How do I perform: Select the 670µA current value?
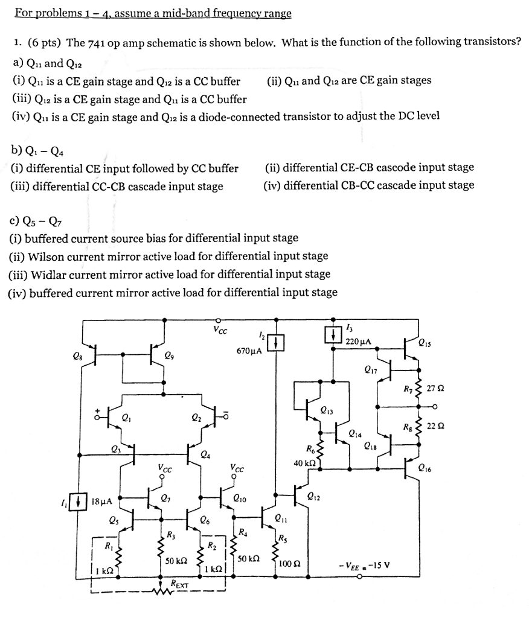pos(249,350)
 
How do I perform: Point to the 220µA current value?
pos(357,342)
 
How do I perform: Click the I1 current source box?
pos(80,500)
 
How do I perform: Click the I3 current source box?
pos(333,334)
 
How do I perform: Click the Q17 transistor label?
pos(372,369)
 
